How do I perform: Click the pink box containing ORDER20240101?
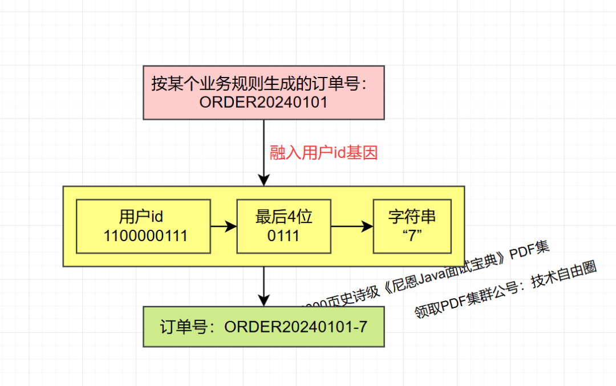pyautogui.click(x=264, y=92)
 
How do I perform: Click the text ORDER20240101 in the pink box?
pyautogui.click(x=263, y=103)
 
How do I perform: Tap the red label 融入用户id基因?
pyautogui.click(x=323, y=153)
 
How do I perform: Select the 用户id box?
pyautogui.click(x=143, y=226)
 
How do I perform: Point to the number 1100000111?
pyautogui.click(x=145, y=236)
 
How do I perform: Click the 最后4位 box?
pyautogui.click(x=283, y=226)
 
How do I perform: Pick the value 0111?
pyautogui.click(x=283, y=236)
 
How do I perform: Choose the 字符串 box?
pyautogui.click(x=412, y=226)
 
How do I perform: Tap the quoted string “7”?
pyautogui.click(x=412, y=236)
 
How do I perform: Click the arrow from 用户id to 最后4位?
pyautogui.click(x=223, y=226)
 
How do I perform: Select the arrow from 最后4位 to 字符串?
pyautogui.click(x=351, y=226)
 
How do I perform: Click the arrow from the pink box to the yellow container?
pyautogui.click(x=263, y=152)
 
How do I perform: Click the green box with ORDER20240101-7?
pyautogui.click(x=264, y=326)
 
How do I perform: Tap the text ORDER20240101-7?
pyautogui.click(x=295, y=327)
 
